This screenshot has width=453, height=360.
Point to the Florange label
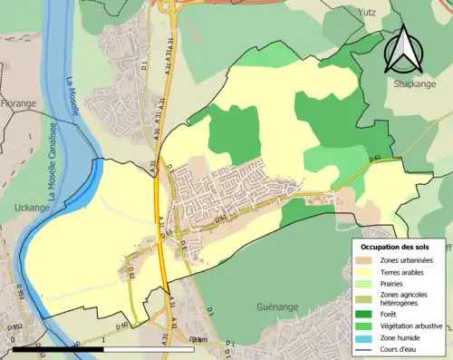point(18,103)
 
